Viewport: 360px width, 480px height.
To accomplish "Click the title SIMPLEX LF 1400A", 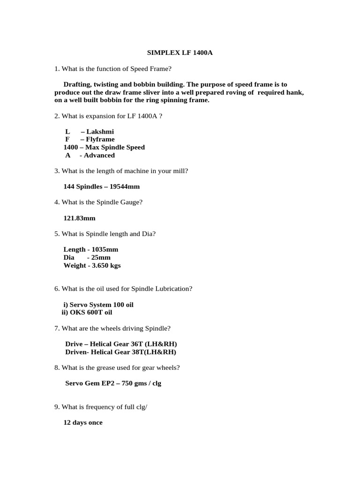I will click(x=180, y=53).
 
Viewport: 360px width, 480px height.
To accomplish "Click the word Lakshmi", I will click(x=100, y=132).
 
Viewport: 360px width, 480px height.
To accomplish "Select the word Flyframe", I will click(x=100, y=140).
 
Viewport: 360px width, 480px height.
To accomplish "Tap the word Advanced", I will click(x=99, y=156).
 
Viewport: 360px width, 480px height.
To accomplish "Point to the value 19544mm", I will click(x=124, y=187).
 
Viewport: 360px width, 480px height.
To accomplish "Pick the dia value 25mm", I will click(x=102, y=258).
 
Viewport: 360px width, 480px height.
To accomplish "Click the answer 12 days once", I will click(x=83, y=423).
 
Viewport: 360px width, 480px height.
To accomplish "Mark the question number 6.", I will click(x=56, y=289).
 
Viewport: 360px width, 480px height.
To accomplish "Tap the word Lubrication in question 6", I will click(x=173, y=289).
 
